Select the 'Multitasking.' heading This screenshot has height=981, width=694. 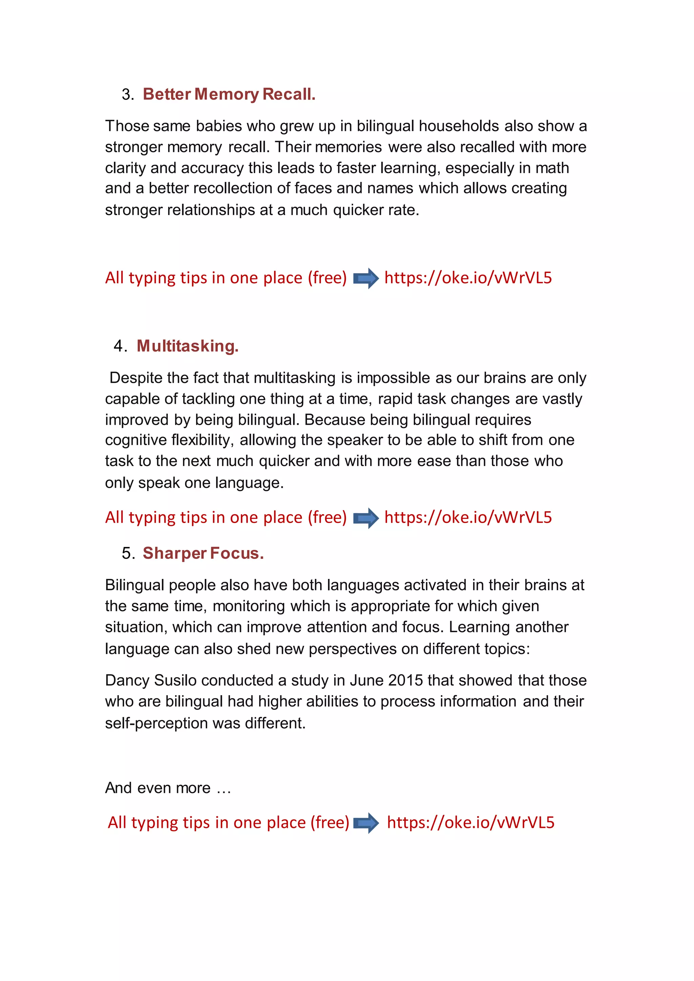(x=188, y=346)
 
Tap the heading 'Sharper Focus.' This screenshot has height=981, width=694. (x=203, y=553)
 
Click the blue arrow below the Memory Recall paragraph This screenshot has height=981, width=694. (x=366, y=278)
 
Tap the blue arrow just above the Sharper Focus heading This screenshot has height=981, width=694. (x=366, y=518)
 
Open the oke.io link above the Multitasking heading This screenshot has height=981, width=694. (x=468, y=278)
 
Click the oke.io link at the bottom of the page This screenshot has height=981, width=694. (x=470, y=823)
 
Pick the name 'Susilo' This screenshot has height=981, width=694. (x=175, y=681)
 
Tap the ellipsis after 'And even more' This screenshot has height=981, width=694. (x=224, y=788)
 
